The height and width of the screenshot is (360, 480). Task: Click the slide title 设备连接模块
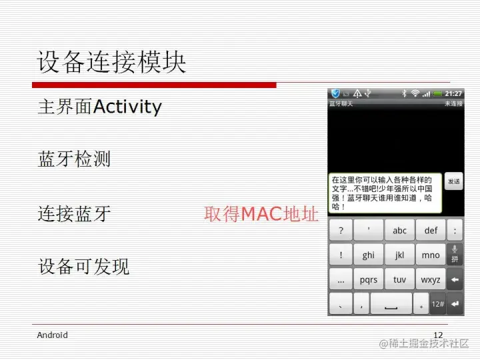point(111,63)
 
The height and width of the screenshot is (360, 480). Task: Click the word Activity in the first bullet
point(128,107)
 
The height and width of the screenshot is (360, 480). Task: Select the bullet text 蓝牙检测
point(74,159)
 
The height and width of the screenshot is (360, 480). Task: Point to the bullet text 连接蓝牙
point(74,213)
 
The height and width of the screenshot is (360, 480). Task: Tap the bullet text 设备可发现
point(83,267)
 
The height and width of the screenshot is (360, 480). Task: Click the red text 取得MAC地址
point(261,214)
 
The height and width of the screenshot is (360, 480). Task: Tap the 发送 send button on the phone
point(453,181)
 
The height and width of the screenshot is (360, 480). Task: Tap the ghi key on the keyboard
point(368,255)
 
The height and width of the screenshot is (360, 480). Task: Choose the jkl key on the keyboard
point(399,255)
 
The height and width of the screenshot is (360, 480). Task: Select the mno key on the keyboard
point(431,255)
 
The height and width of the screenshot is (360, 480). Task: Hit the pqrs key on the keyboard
point(368,280)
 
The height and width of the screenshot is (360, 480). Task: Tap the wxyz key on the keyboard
point(431,280)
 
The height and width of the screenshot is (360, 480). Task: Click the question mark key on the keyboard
point(341,231)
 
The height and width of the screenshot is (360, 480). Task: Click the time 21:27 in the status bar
point(453,93)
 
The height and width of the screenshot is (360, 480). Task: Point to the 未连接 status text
point(453,104)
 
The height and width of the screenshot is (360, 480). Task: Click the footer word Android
point(52,335)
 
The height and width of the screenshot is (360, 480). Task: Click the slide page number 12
point(438,335)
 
